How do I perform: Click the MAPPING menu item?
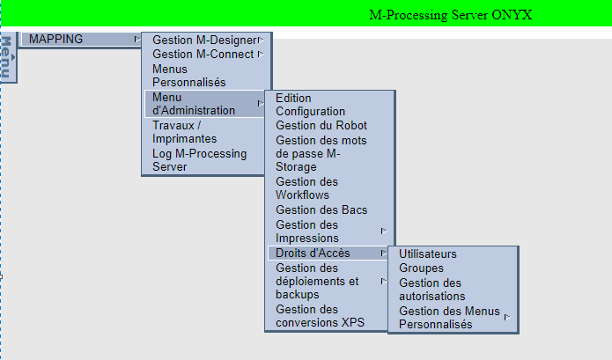pos(56,40)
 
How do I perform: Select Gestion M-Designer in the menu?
pos(204,40)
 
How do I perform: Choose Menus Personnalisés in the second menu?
pos(188,75)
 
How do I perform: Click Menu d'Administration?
pos(193,103)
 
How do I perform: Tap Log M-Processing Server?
pos(199,159)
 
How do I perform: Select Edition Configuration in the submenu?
pos(310,104)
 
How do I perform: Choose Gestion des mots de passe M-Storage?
pos(321,153)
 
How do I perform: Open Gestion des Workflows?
pos(306,187)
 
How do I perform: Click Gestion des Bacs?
pos(321,209)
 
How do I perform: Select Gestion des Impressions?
pos(308,231)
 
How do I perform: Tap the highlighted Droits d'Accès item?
pos(313,253)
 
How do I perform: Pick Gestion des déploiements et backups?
pos(317,281)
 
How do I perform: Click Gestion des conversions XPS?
pos(319,315)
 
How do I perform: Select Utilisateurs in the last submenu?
pos(428,253)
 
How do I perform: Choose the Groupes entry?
pos(421,268)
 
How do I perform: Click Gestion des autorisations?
pos(431,290)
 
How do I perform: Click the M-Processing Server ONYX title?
pos(451,14)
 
